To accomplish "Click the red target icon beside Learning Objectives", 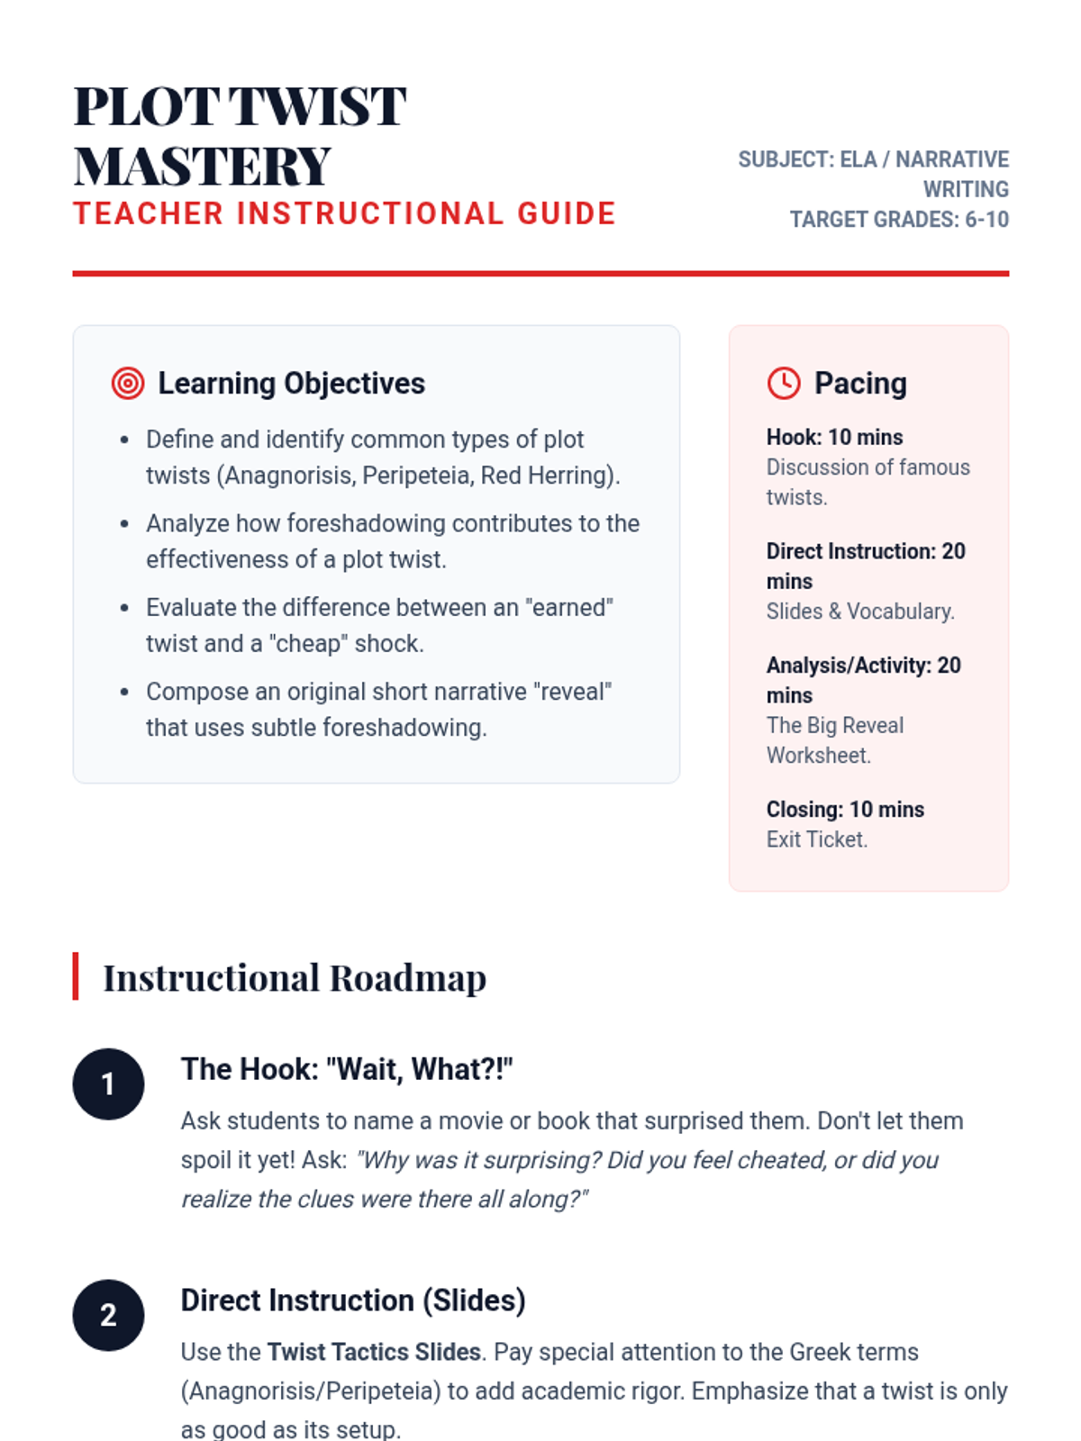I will point(128,383).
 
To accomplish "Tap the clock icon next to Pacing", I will point(784,383).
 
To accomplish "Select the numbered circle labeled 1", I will point(108,1083).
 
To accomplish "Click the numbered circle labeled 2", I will point(108,1315).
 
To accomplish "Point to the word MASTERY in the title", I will point(203,167).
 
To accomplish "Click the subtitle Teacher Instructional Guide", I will point(344,214).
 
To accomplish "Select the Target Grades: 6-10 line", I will point(899,220).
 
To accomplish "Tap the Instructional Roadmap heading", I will point(295,978).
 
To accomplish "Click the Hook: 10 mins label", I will point(834,437).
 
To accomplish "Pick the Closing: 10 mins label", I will point(845,809).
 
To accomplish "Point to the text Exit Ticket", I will point(816,839).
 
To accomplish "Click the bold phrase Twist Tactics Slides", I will point(374,1352).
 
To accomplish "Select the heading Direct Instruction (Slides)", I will point(353,1301).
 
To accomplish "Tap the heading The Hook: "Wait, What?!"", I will point(347,1069).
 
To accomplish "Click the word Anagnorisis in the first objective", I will point(285,476).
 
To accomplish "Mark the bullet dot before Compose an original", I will point(124,693).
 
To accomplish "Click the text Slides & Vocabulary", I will point(860,612).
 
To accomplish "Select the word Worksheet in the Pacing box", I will point(818,756).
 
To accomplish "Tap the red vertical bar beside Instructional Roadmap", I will point(76,976).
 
